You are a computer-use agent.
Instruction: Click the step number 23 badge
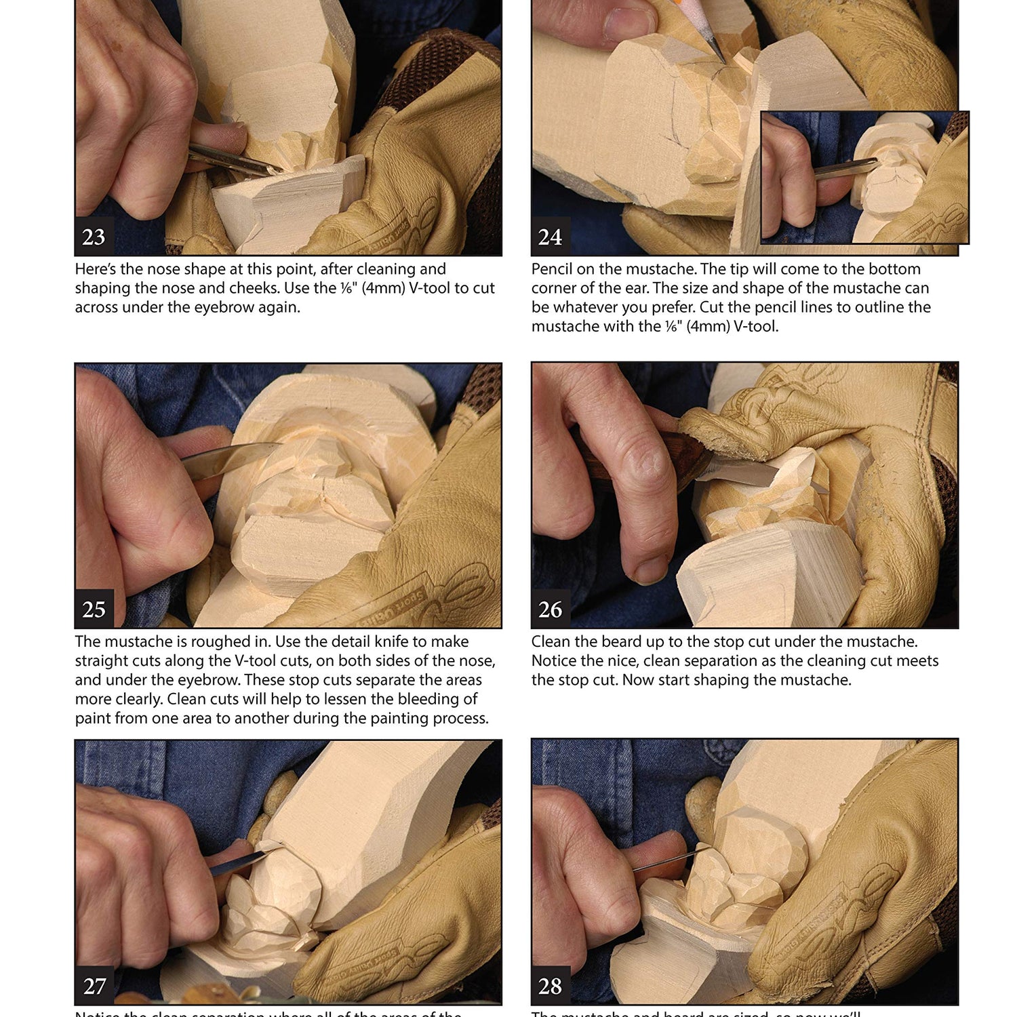(x=94, y=237)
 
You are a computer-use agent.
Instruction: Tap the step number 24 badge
(x=550, y=237)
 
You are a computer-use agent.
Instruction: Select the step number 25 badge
(x=94, y=609)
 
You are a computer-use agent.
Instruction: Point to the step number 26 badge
(x=550, y=609)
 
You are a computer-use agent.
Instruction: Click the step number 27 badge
(x=94, y=985)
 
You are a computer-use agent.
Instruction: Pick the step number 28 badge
(x=550, y=985)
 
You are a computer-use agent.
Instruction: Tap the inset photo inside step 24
(x=864, y=178)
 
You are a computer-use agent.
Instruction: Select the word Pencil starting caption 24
(x=552, y=269)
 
